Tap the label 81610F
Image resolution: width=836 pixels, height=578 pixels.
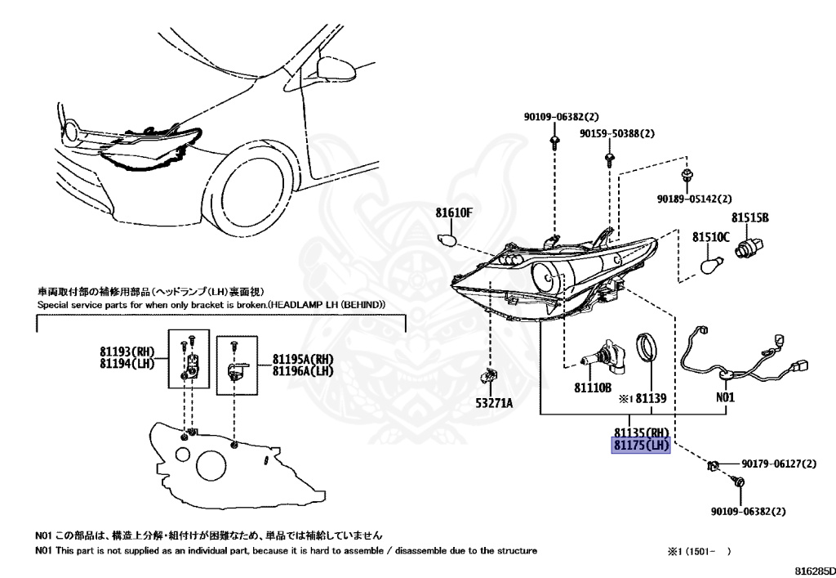tap(454, 213)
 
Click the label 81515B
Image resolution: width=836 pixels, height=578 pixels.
tap(750, 217)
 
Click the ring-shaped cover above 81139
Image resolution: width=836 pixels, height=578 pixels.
tap(650, 347)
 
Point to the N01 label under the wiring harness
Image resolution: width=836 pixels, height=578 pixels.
tap(726, 398)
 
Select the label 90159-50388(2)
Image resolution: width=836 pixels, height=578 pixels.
tap(617, 133)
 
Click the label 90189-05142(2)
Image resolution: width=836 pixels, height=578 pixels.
tap(693, 199)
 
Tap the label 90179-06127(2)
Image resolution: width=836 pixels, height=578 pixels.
tap(779, 464)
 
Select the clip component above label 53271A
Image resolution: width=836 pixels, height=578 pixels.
tap(490, 377)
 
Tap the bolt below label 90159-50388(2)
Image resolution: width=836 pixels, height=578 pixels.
tap(609, 158)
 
